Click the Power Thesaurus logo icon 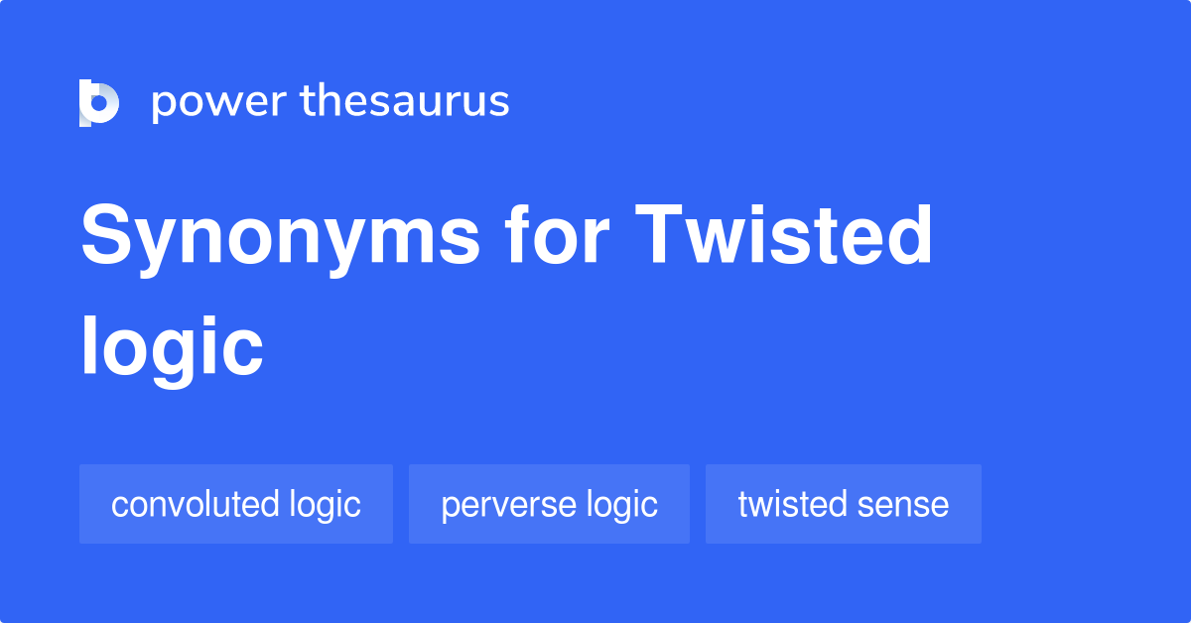tap(98, 103)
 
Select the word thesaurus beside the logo tap(405, 101)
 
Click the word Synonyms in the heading tap(280, 238)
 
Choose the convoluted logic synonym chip tap(236, 504)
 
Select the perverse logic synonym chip tap(549, 504)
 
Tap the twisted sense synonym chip tap(844, 504)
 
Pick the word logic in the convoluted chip tap(325, 505)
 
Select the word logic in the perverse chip tap(622, 505)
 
